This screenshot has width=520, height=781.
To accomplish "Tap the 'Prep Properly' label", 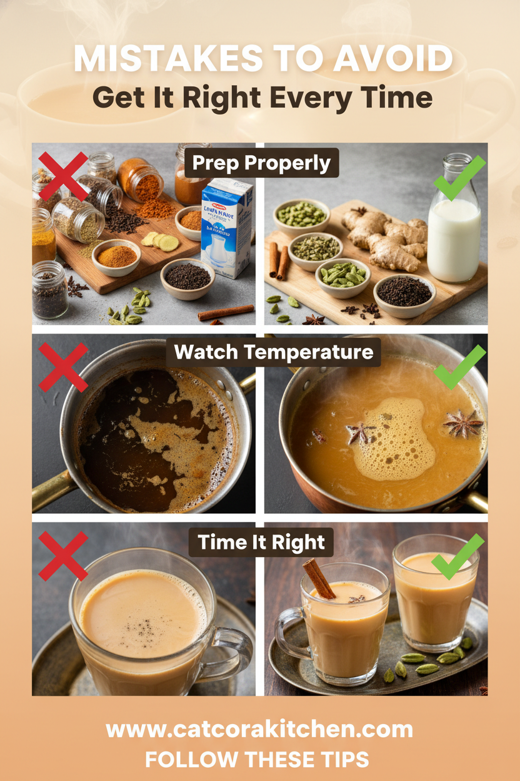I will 262,163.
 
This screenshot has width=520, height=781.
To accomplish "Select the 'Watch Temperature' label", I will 273,352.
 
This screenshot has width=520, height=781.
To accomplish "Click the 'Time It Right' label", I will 261,542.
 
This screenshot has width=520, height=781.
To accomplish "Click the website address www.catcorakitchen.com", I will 259,730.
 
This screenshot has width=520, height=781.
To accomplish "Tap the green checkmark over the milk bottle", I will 460,176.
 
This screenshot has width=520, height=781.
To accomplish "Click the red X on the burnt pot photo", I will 63,367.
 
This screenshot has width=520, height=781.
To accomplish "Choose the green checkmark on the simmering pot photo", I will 460,367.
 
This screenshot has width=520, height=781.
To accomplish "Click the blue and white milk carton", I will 227,228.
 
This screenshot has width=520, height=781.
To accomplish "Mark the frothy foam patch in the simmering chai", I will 395,442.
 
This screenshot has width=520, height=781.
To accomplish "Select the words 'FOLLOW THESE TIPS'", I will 257,760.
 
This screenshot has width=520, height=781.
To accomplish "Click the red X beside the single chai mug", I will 63,556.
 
